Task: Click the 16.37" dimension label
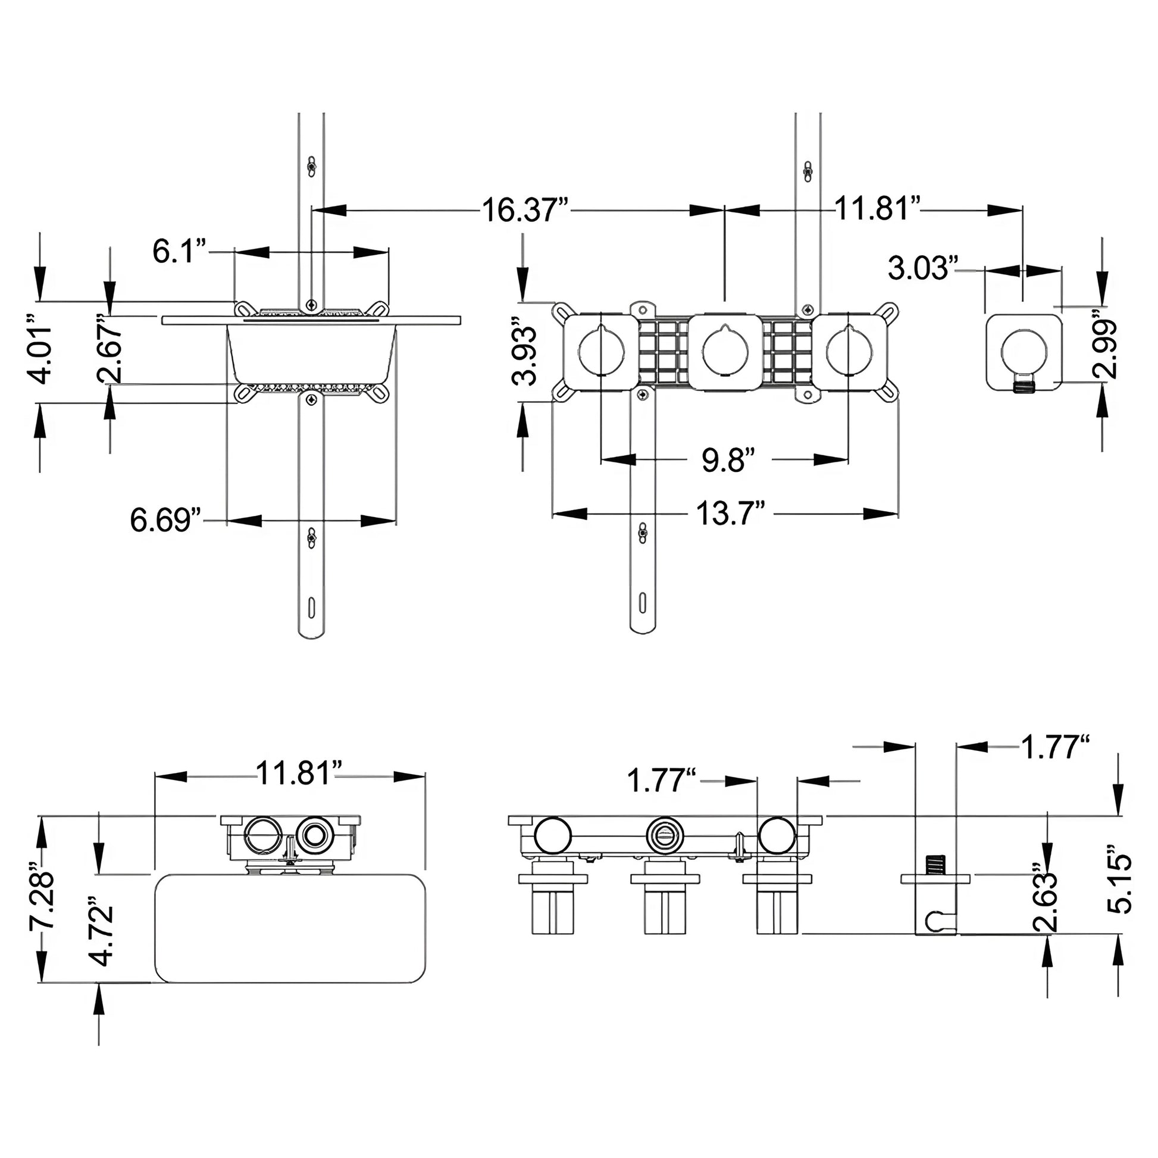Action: point(525,211)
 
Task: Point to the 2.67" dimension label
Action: point(110,348)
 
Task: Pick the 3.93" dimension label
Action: point(524,355)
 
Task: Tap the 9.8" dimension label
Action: point(727,461)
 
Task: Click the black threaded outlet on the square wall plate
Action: point(1024,385)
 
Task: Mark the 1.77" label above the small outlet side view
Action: point(1054,747)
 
